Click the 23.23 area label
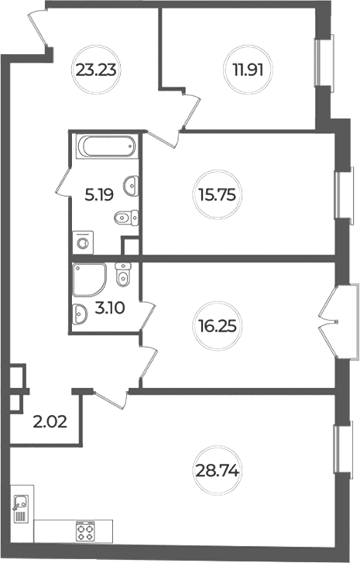[96, 70]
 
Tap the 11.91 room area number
[248, 70]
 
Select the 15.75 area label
[218, 195]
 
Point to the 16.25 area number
[218, 326]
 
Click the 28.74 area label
[218, 470]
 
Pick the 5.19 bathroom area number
[99, 195]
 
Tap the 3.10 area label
[110, 307]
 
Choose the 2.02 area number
[50, 422]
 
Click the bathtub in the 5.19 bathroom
[108, 146]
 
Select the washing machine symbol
[83, 242]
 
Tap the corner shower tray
[89, 280]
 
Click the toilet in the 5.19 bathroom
[126, 218]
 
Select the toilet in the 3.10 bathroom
[123, 275]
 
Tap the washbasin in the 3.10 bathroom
[79, 314]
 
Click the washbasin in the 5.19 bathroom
[131, 186]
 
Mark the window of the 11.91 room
[324, 60]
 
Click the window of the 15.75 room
[342, 195]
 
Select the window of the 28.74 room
[341, 450]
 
